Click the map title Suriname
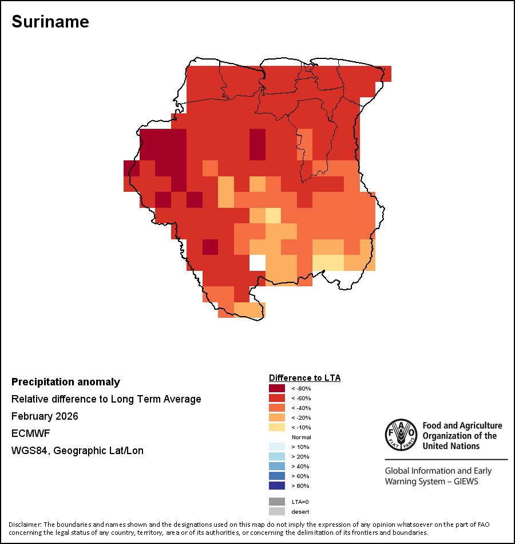[x=50, y=21]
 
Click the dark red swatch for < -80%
[x=277, y=388]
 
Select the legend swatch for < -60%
[x=277, y=398]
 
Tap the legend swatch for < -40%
[x=277, y=408]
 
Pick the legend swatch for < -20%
[x=277, y=417]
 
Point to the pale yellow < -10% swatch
[x=277, y=427]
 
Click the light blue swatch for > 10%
[x=277, y=447]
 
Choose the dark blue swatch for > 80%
[x=277, y=486]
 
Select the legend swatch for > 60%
[x=277, y=476]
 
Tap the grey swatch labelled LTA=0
[x=277, y=502]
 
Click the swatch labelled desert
[x=277, y=511]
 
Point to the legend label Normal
[x=301, y=437]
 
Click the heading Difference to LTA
[x=304, y=378]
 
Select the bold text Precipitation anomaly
[x=66, y=382]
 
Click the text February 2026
[x=45, y=416]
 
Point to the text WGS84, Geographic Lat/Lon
[x=77, y=451]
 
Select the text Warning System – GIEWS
[x=431, y=481]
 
